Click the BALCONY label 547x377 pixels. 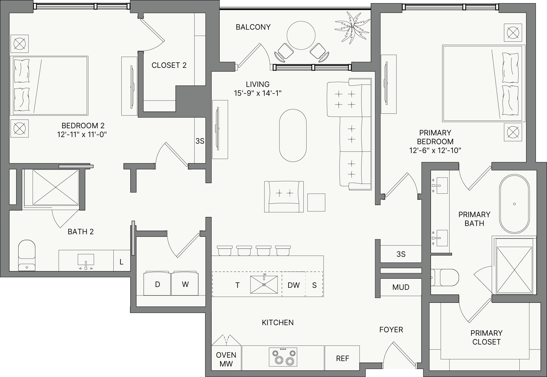253,27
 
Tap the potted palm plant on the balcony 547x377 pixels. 353,27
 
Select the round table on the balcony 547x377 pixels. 301,36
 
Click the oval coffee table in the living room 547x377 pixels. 293,135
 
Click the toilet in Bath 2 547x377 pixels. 27,255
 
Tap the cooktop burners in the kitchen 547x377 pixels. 283,357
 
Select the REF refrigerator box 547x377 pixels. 342,358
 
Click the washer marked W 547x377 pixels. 185,284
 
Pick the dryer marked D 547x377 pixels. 157,284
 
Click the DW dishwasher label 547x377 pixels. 294,285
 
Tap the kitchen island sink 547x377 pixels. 264,284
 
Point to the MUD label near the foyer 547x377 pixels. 401,287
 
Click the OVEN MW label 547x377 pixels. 226,359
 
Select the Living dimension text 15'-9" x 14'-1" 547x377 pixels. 258,93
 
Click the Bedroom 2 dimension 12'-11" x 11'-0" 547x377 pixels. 82,135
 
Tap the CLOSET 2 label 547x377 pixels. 169,65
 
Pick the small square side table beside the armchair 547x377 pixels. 316,202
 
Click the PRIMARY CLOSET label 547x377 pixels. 486,337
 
